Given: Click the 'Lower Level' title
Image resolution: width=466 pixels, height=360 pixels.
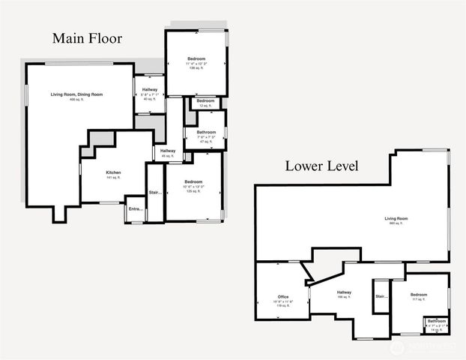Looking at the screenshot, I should (321, 166).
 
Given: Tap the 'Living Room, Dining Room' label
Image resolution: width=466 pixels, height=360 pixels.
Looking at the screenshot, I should (76, 94).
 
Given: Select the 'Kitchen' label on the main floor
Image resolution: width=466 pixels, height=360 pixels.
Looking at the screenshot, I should (113, 173).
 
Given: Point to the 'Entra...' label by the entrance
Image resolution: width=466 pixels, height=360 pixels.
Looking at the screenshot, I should (135, 208).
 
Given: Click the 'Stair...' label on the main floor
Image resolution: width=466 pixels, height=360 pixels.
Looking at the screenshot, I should (155, 192).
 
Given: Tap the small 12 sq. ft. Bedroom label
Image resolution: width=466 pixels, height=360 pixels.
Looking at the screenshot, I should (205, 100).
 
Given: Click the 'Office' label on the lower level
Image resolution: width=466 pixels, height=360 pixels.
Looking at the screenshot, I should (282, 297).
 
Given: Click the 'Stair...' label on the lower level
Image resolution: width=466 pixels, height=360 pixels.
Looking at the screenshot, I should (381, 296).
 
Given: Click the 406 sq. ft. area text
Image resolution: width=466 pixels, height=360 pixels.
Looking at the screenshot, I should (76, 100).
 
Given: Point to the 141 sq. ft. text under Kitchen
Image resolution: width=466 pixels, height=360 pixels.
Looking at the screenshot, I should (113, 178).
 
